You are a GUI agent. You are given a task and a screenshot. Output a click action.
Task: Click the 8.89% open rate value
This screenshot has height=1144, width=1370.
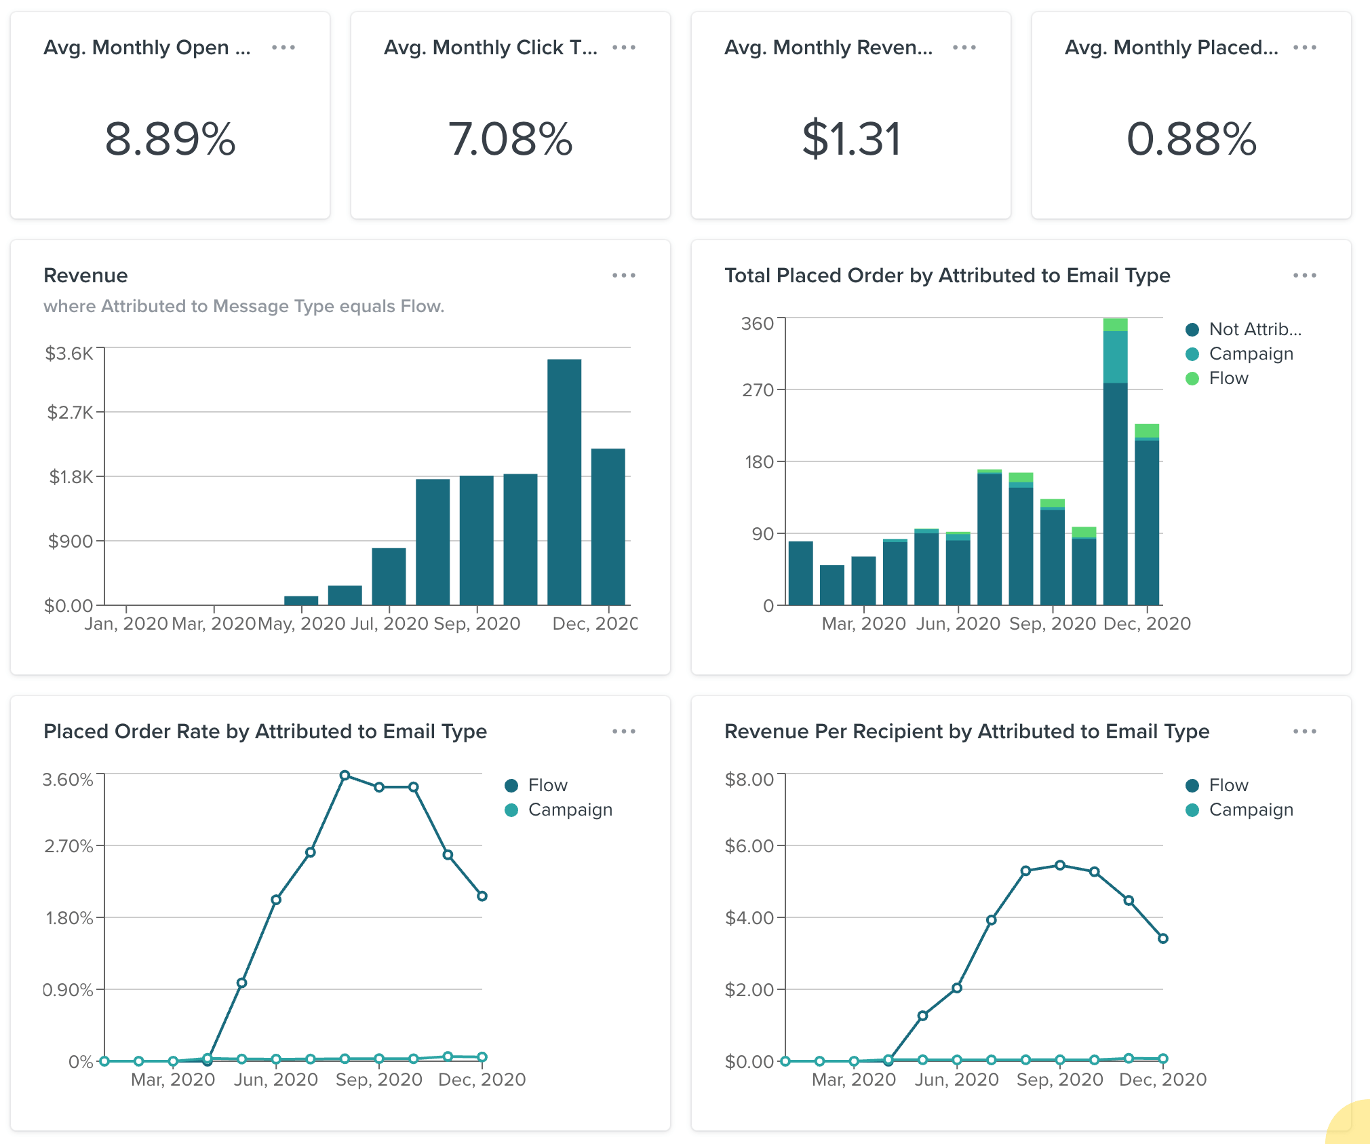coord(170,139)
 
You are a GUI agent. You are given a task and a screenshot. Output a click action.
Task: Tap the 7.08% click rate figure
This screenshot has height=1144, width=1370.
coord(511,139)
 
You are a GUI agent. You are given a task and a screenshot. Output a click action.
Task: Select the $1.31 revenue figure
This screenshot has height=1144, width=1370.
coord(851,139)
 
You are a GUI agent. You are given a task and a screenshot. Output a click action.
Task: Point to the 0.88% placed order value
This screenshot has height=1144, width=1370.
coord(1192,139)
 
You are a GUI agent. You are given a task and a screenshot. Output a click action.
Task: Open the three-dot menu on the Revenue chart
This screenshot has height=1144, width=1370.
coord(623,275)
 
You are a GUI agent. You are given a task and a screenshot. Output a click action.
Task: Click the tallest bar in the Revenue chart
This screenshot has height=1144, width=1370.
coord(564,482)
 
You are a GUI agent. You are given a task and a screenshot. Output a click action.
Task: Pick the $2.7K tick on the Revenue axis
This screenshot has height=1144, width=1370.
coord(70,413)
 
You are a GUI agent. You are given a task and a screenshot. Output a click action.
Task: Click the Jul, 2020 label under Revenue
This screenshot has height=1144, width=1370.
coord(389,624)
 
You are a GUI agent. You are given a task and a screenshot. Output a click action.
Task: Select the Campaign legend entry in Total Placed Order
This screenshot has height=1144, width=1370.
coord(1251,354)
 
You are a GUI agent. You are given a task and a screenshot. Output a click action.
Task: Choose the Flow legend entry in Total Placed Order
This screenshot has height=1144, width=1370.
coord(1228,378)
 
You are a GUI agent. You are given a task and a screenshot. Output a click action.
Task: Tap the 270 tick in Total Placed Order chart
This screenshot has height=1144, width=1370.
coord(758,390)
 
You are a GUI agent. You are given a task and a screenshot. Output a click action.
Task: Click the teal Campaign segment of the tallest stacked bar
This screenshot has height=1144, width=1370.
coord(1115,357)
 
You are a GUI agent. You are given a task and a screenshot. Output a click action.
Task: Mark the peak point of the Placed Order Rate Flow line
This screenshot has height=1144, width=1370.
coord(345,775)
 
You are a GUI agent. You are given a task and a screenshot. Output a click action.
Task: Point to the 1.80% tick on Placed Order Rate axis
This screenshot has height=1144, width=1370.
coord(69,918)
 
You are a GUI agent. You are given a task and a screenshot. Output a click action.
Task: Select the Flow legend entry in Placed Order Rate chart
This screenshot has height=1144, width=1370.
coord(547,785)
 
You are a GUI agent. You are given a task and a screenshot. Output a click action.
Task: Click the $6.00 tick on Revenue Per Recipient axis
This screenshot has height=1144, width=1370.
coord(749,846)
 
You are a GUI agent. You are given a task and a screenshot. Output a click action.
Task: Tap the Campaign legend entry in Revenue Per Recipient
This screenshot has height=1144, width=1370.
coord(1251,809)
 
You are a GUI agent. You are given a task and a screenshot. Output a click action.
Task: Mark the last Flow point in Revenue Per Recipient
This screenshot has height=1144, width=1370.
coord(1162,938)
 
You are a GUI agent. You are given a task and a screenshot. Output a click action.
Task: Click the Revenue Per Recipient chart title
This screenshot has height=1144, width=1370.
coord(966,731)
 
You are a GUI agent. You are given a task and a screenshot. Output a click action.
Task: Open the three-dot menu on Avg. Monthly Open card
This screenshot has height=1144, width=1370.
coord(283,47)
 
